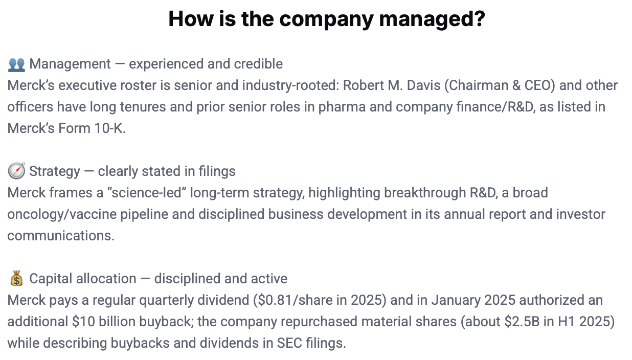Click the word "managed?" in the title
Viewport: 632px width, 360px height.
[x=432, y=19]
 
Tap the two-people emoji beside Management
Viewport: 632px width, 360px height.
[x=17, y=64]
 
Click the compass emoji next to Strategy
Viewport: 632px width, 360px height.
[x=17, y=171]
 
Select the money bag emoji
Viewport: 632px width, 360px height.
[x=17, y=278]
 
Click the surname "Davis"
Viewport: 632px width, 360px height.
[x=423, y=85]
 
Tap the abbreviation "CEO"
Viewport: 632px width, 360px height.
[x=539, y=85]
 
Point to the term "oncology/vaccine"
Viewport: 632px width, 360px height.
[x=62, y=214]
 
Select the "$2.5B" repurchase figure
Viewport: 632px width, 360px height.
[x=522, y=321]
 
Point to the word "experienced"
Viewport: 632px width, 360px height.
[x=166, y=64]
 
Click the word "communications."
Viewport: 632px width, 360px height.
[x=61, y=236]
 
